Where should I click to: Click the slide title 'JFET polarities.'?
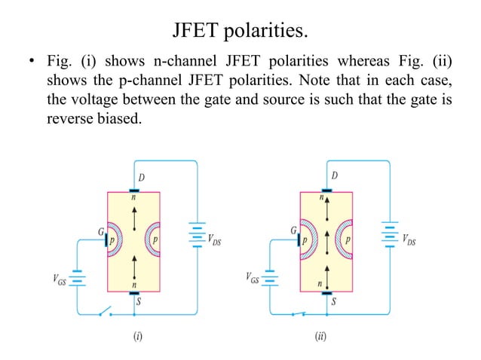[240, 32]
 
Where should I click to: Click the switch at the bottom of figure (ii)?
[301, 312]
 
